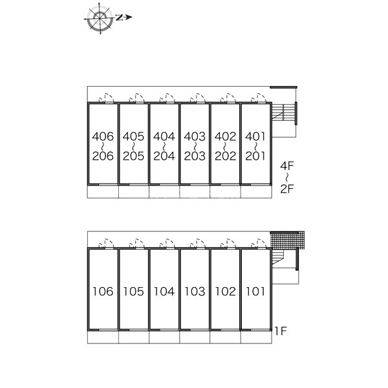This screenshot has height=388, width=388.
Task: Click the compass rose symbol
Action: pos(100,18)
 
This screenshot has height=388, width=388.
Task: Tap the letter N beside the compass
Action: pos(119,17)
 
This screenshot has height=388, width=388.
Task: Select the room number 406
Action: pos(103,136)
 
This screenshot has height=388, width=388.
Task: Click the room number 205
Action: pos(133,156)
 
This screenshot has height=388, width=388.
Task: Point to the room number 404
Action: pos(164,136)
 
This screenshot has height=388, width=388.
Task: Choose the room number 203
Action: pos(195,156)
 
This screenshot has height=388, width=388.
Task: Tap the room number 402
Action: pos(226,136)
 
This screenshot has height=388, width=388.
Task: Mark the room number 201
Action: pos(255,156)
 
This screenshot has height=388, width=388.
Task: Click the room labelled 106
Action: pos(103,291)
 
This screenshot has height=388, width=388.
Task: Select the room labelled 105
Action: pos(133,291)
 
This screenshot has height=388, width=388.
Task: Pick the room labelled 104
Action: pos(164,291)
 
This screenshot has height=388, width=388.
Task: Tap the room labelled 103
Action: pos(195,291)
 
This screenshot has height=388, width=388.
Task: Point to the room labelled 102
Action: pos(226,291)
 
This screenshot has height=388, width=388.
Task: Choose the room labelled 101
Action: pos(255,291)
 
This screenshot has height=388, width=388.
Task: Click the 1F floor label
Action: pos(281,331)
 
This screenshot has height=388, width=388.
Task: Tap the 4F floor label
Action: pos(286,166)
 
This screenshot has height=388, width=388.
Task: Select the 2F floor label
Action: pos(286,189)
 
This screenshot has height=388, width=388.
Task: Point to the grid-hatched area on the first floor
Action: pos(287,241)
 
